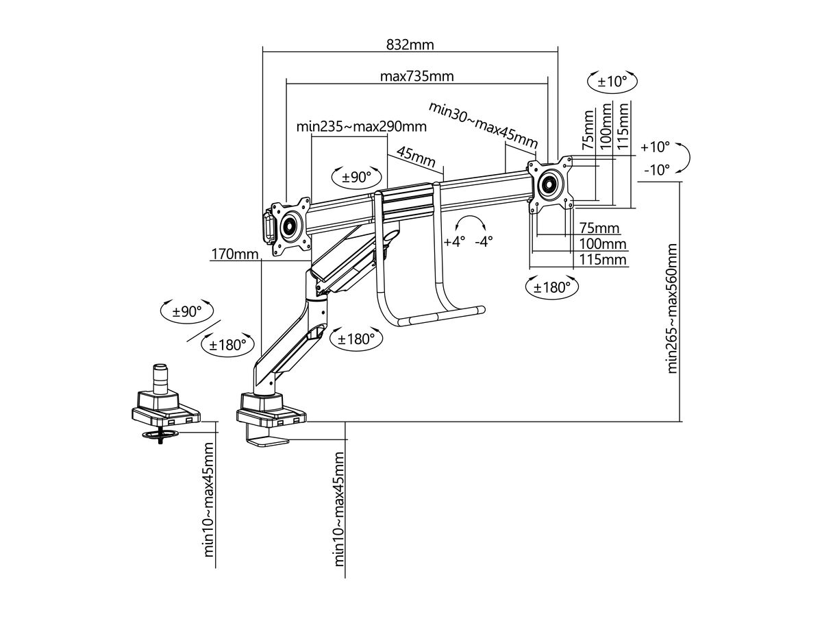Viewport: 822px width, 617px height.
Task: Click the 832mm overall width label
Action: pos(410,45)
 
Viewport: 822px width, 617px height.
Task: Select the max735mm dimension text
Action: pos(416,76)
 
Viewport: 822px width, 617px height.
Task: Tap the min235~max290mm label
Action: pos(361,127)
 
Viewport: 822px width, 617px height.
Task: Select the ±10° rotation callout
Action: pos(612,82)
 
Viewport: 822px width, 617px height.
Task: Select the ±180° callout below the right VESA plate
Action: pos(552,287)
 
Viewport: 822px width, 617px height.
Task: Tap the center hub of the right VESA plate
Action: pos(549,183)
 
